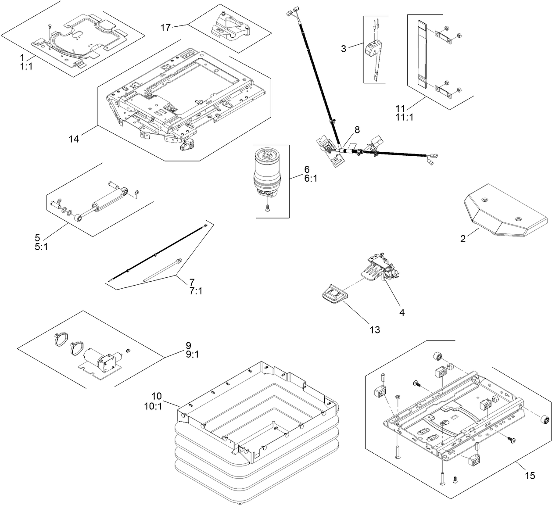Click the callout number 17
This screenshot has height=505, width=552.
click(165, 28)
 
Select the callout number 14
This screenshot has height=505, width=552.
click(74, 139)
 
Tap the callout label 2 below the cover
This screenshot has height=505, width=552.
click(462, 239)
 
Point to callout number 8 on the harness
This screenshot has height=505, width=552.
click(357, 129)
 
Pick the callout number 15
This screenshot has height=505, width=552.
click(530, 475)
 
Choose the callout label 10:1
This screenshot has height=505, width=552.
click(153, 406)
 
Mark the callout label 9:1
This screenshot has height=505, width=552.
click(192, 355)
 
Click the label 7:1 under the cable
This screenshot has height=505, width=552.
click(196, 291)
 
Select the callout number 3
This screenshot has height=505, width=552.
click(344, 49)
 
